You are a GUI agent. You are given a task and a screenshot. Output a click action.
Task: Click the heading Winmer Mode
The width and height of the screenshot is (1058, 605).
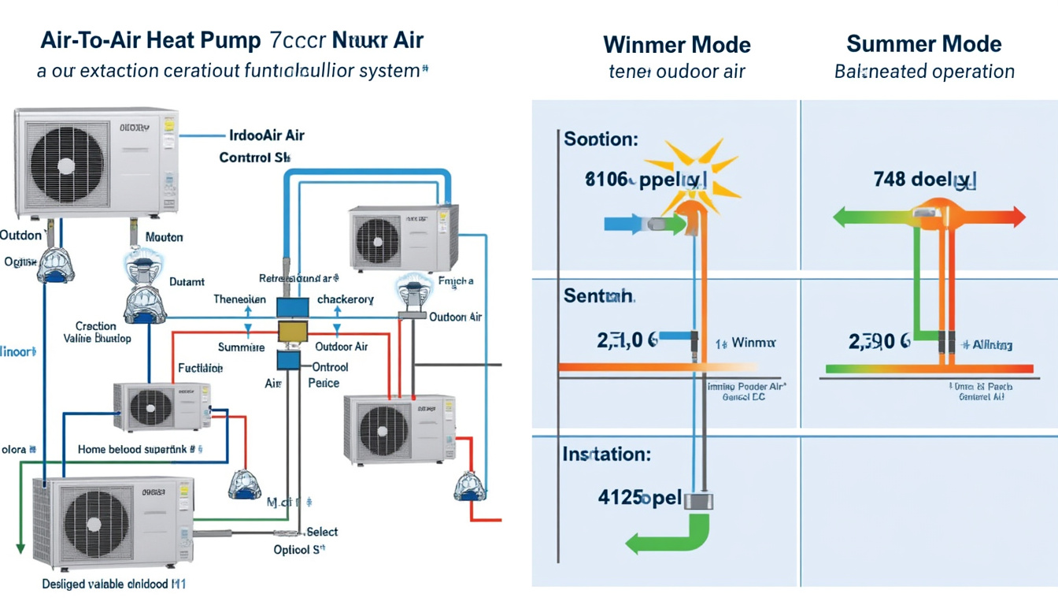point(676,44)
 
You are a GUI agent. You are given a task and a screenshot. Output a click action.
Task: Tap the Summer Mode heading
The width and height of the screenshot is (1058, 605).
point(923,43)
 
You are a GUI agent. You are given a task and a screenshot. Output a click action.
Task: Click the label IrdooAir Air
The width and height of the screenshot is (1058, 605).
point(266,135)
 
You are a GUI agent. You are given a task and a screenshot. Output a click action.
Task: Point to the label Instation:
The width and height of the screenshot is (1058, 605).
point(606,455)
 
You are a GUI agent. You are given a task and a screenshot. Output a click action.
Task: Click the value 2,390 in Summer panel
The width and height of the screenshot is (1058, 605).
point(879,342)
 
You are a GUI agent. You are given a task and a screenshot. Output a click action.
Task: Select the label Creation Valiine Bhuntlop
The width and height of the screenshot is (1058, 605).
point(97,332)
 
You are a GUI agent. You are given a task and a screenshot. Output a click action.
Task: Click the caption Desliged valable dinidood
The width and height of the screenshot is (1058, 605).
point(113,585)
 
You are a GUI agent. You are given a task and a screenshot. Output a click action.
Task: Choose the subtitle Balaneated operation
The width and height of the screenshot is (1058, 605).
point(923,72)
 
